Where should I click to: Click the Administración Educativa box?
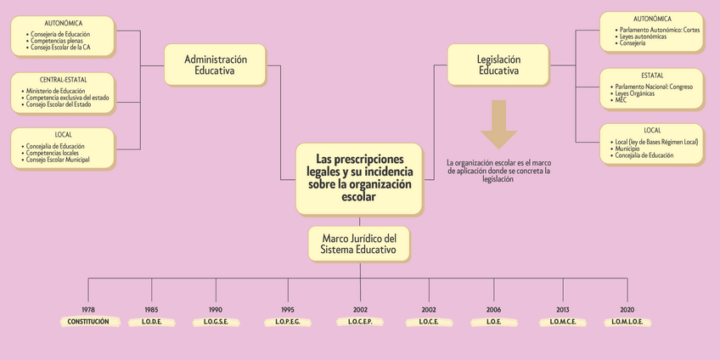point(216,65)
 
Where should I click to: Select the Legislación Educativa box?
point(498,65)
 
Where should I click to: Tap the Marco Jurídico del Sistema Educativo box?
point(359,244)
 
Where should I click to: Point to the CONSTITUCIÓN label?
point(88,322)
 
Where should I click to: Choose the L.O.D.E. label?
point(151,322)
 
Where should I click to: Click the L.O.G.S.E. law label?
point(216,322)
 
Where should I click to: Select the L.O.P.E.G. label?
point(288,322)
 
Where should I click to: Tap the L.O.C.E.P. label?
point(360,322)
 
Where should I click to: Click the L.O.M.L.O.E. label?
point(628,322)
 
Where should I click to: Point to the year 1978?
point(88,310)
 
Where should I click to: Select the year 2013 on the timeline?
point(563,310)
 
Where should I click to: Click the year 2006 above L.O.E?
point(494,310)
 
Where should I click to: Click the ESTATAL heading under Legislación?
point(652,76)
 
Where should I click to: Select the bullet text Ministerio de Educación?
point(56,90)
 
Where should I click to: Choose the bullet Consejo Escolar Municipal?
point(58,160)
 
